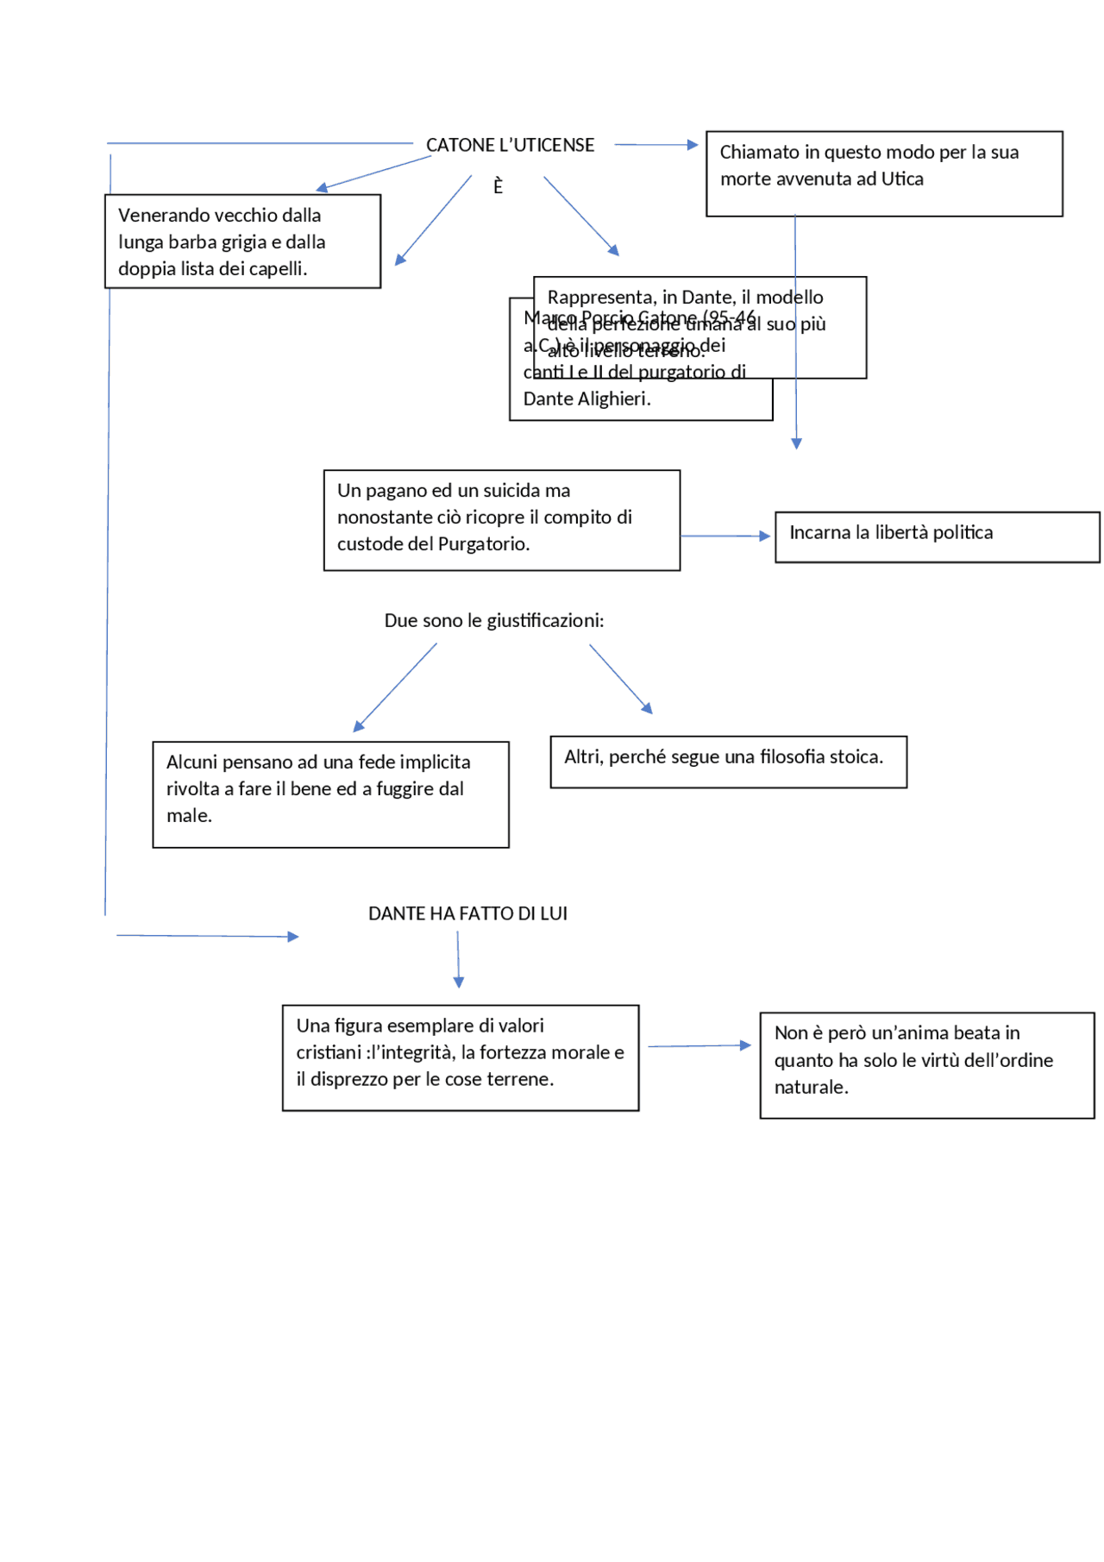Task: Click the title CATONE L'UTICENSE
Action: tap(510, 145)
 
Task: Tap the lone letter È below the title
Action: tap(498, 186)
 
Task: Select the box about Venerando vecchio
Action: tap(242, 242)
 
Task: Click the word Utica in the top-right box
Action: tap(902, 179)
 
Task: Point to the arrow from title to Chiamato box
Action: tap(655, 145)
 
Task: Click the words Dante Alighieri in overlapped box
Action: tap(586, 399)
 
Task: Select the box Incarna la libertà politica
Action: tap(937, 537)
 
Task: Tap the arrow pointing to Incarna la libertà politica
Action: tap(725, 536)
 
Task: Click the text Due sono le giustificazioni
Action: tap(493, 621)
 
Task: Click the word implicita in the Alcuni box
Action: tap(436, 762)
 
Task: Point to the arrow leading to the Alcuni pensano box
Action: tap(396, 687)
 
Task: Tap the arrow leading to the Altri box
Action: tap(620, 679)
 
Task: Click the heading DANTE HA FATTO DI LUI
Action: tap(467, 914)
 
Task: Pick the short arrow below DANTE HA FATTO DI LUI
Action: tap(458, 959)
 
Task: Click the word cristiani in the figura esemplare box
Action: tap(329, 1053)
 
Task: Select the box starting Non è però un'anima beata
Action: tap(926, 1065)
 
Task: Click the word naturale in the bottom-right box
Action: tap(810, 1088)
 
